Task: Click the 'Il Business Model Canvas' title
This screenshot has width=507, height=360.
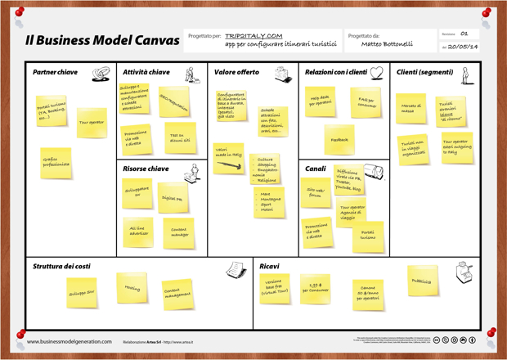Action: pos(102,40)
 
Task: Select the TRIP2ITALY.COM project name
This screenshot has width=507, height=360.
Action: pos(253,36)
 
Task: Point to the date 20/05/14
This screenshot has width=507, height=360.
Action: pos(464,47)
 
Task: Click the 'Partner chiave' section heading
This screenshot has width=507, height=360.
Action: pos(55,72)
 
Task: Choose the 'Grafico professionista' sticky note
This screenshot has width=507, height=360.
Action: pos(56,162)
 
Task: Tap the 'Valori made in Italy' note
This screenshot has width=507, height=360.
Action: pos(229,156)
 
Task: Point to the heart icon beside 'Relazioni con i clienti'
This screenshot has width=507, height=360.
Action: pos(376,73)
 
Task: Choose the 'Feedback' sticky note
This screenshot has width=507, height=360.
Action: pos(339,140)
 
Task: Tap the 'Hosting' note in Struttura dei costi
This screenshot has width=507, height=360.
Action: pos(132,288)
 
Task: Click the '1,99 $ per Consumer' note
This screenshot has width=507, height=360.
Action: pos(315,289)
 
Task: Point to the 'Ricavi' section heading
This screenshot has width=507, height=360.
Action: pos(269,267)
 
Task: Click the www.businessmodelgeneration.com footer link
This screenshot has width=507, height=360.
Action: pos(69,342)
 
